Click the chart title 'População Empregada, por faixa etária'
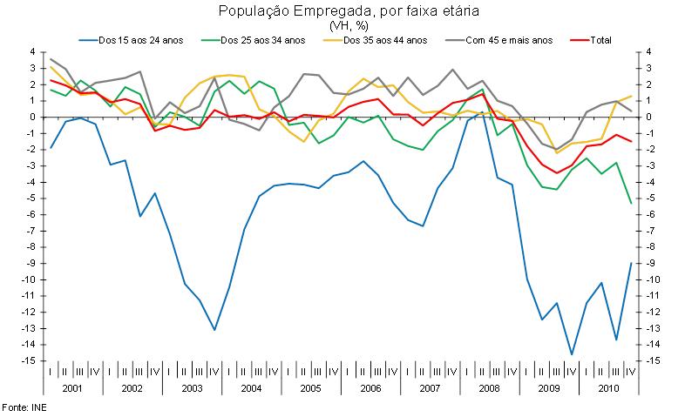342,10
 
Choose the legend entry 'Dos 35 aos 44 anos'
384,40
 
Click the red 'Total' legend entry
600,40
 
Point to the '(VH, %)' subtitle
342,25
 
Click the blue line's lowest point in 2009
572,354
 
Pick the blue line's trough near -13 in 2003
214,330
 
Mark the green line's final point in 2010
631,203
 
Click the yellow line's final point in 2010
631,96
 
